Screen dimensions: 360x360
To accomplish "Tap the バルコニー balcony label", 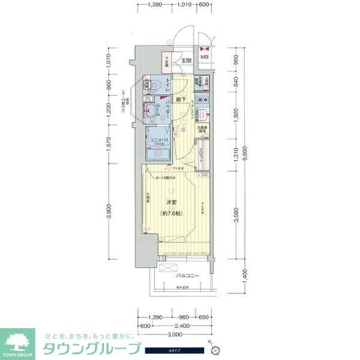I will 188,276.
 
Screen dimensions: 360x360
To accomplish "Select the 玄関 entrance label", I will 187,60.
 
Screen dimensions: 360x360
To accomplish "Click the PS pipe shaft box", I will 147,98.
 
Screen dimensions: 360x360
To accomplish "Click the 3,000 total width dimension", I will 175,334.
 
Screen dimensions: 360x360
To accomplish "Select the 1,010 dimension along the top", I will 187,4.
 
